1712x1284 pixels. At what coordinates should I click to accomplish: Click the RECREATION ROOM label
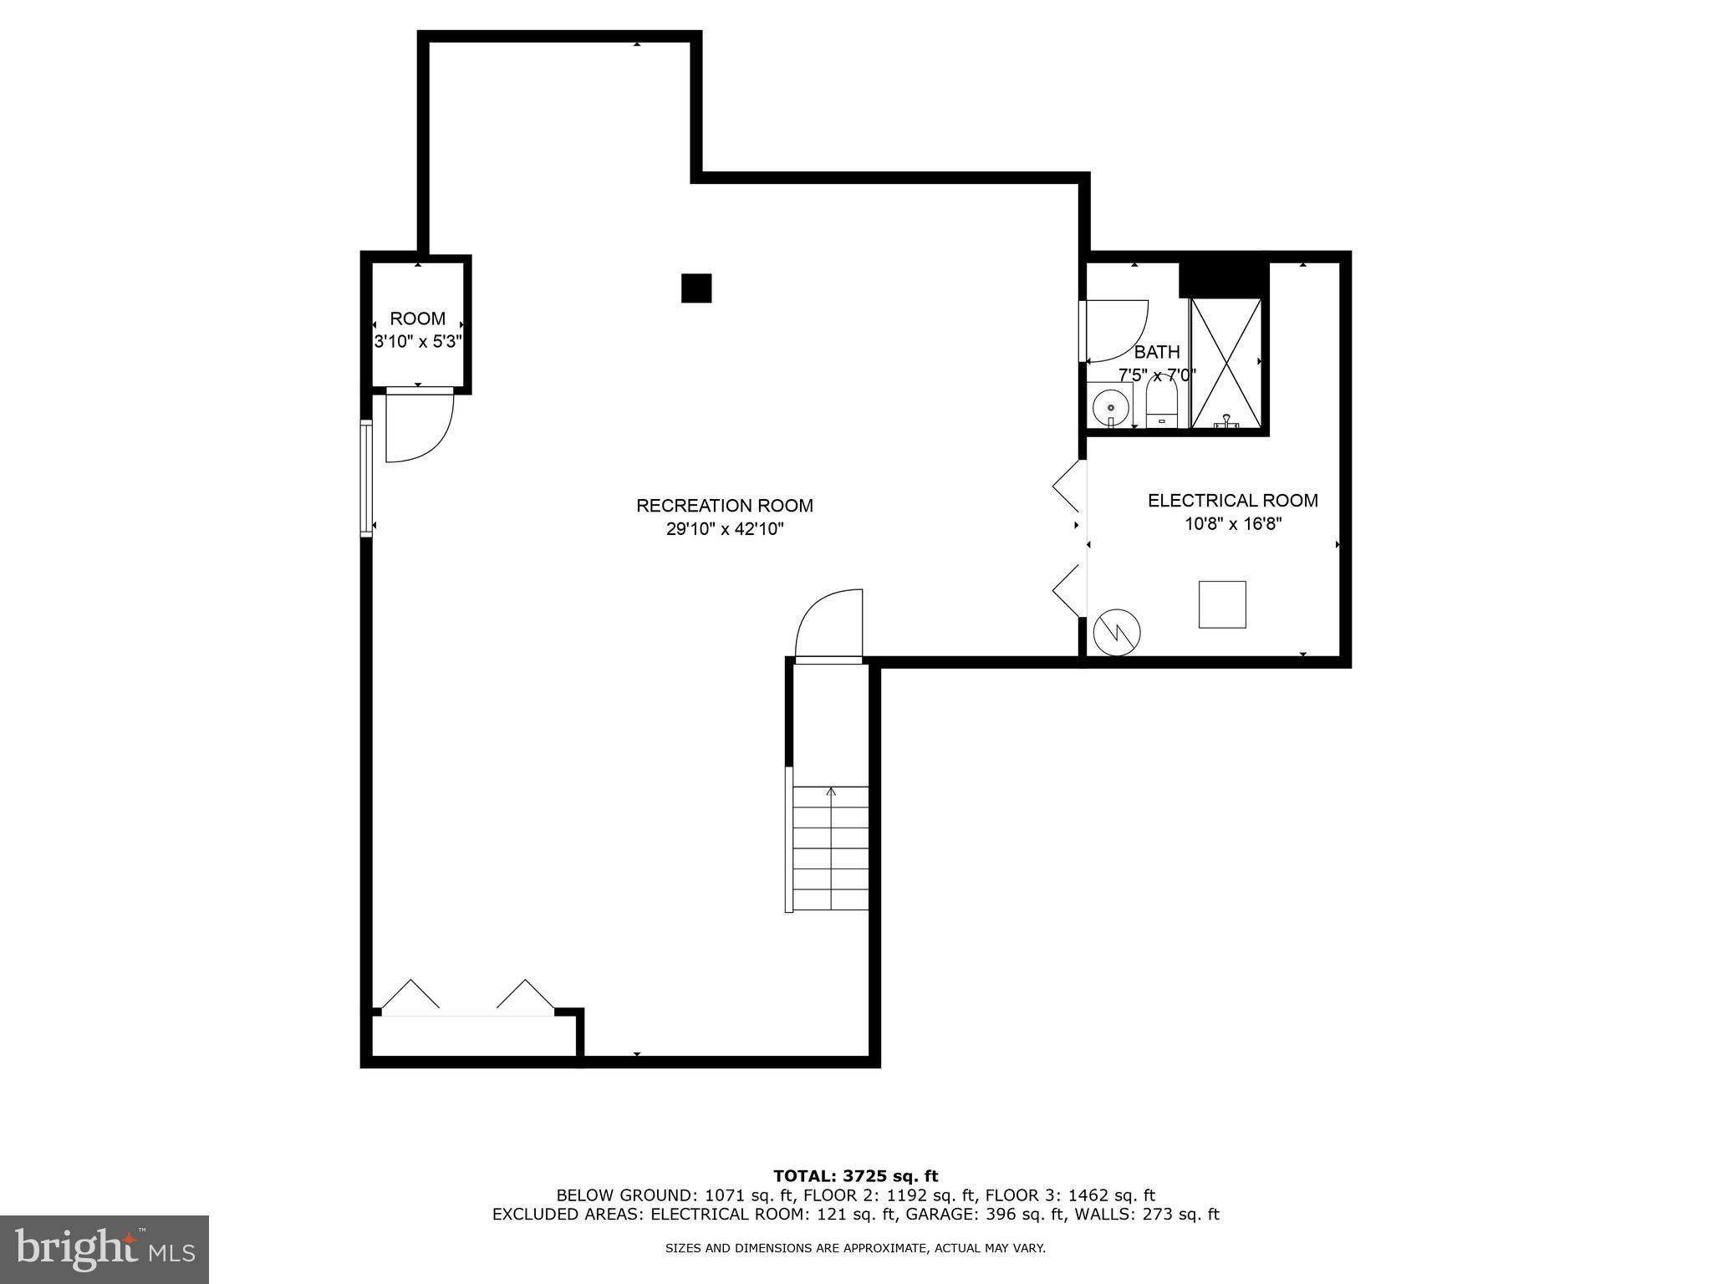tap(724, 506)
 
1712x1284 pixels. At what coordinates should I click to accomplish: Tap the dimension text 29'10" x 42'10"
tap(724, 529)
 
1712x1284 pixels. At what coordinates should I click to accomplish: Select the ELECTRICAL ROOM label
tap(1232, 501)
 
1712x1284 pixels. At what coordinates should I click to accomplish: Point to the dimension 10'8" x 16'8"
tap(1232, 524)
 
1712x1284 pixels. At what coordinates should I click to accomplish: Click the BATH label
tap(1157, 352)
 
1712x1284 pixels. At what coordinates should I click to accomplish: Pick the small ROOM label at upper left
tap(417, 318)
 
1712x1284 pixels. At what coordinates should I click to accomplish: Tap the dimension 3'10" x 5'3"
tap(417, 342)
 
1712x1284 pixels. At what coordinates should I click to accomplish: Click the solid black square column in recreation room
tap(695, 288)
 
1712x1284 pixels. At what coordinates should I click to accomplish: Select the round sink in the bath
tap(1111, 408)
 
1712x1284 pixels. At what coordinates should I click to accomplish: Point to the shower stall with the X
tap(1225, 363)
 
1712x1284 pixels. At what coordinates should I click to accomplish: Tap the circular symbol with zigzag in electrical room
tap(1118, 633)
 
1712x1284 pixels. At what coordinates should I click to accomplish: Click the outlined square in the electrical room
tap(1222, 604)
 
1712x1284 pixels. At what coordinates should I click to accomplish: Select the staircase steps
tap(830, 848)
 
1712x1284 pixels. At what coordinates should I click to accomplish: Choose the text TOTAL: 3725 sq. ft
tap(855, 1177)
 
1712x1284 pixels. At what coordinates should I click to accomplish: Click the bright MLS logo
tap(104, 1249)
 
